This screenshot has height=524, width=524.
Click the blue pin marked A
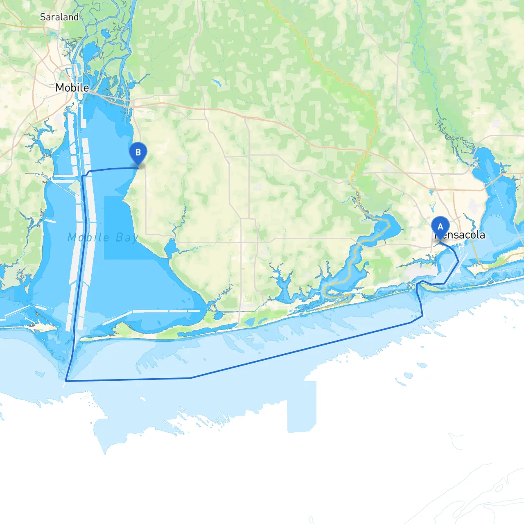(x=440, y=227)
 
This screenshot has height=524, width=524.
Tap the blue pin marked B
(x=138, y=153)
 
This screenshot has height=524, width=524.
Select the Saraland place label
(x=59, y=17)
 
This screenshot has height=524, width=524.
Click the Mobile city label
(x=72, y=88)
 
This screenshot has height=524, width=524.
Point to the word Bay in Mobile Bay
(x=126, y=237)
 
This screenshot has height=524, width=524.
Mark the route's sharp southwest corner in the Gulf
(x=66, y=381)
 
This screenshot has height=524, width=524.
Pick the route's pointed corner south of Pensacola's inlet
(x=422, y=315)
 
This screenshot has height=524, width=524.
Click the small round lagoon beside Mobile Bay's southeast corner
(x=218, y=315)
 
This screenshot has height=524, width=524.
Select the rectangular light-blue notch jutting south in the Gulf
(x=301, y=409)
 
